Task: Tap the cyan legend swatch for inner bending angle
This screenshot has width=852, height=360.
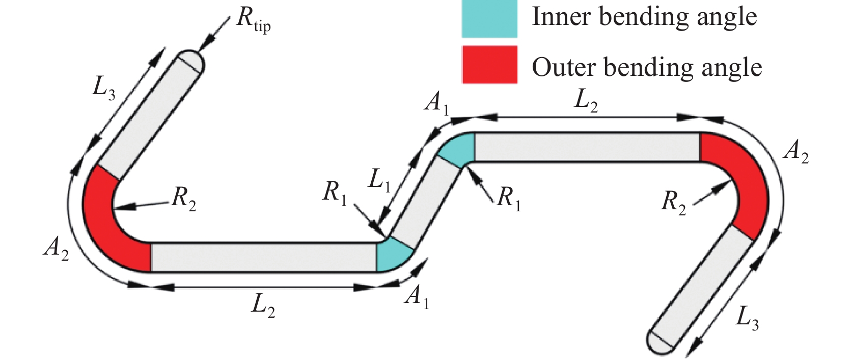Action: tap(489, 18)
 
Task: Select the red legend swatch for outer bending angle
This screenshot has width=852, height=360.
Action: tap(489, 65)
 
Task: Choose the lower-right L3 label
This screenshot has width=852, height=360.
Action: tap(747, 319)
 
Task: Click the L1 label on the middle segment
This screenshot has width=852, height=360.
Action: tap(379, 181)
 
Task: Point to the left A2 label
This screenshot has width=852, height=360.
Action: tap(56, 249)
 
